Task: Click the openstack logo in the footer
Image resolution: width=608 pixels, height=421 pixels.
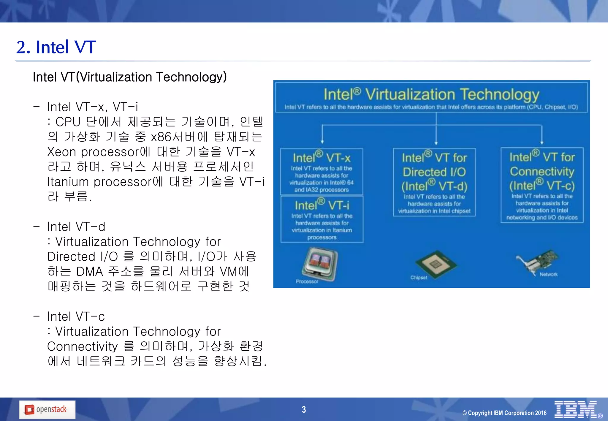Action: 47,410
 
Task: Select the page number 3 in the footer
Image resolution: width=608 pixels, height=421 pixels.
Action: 304,409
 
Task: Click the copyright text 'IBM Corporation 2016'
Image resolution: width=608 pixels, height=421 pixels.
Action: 505,413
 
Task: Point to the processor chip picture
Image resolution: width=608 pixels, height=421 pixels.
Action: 320,264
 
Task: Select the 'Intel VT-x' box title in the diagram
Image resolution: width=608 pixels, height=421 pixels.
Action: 322,158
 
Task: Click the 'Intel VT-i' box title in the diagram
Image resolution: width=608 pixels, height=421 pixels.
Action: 322,205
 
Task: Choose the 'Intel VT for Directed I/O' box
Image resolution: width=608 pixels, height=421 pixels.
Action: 434,182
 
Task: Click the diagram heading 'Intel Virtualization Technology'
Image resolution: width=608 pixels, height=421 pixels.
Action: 431,94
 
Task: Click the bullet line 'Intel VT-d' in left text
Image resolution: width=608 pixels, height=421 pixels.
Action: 76,227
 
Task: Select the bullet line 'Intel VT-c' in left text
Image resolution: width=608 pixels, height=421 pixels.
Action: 76,316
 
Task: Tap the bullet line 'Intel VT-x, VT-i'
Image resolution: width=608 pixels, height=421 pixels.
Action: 92,107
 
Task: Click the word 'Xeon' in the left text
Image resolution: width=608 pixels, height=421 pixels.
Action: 61,152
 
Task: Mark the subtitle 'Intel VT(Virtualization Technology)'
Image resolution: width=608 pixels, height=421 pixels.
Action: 130,77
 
